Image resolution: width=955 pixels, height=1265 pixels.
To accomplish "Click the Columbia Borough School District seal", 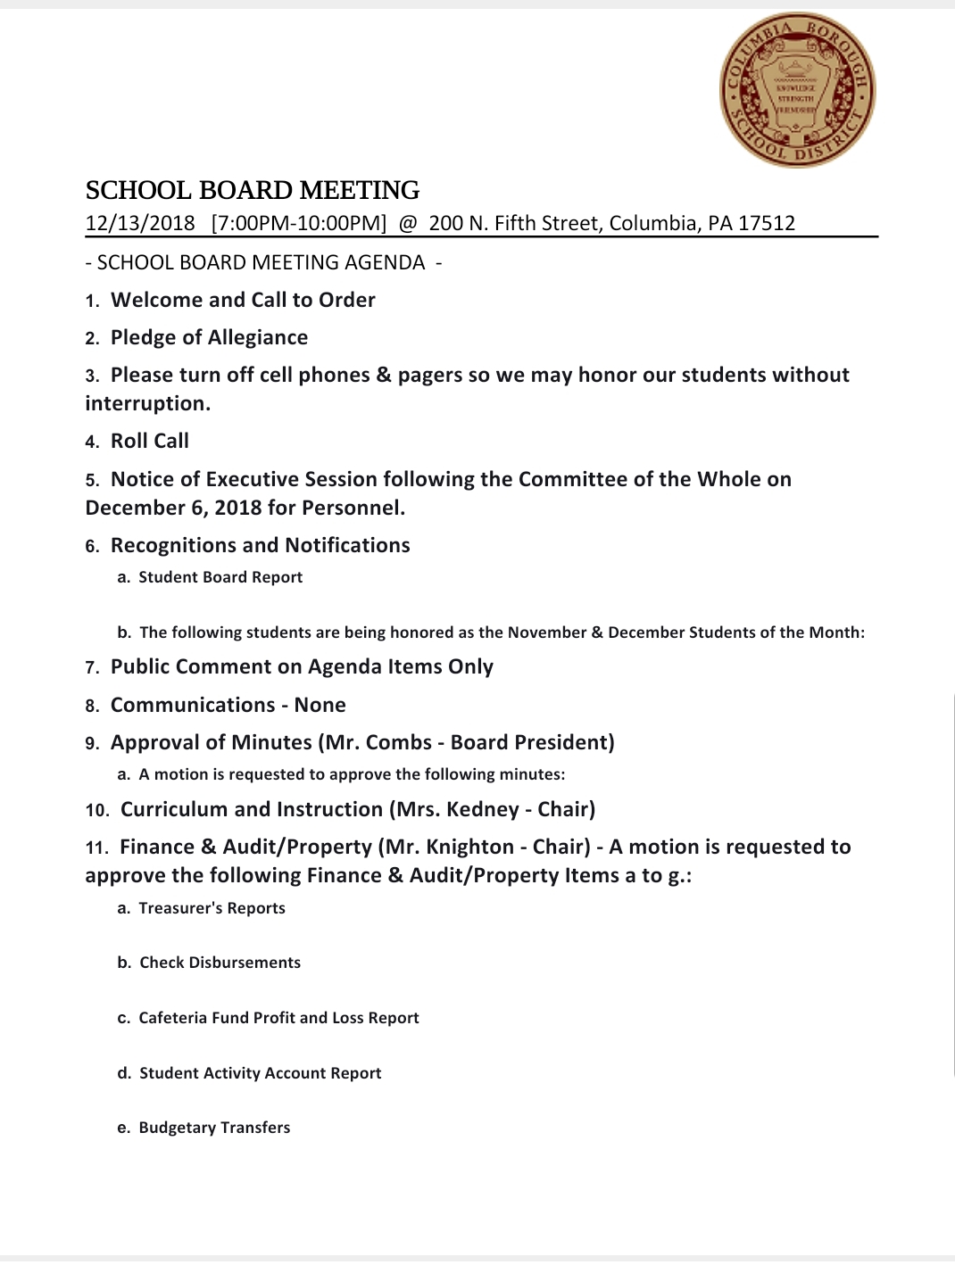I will pyautogui.click(x=797, y=89).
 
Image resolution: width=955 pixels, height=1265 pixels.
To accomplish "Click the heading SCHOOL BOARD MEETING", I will pyautogui.click(x=253, y=190).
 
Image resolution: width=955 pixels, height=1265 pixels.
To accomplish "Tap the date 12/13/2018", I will pyautogui.click(x=140, y=223).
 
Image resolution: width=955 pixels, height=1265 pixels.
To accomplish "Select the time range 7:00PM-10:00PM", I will pyautogui.click(x=299, y=223).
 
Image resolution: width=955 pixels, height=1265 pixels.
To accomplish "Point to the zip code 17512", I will pyautogui.click(x=767, y=223).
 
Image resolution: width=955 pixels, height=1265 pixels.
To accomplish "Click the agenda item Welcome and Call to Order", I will pyautogui.click(x=243, y=300).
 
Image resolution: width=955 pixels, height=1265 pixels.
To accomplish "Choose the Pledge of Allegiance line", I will pyautogui.click(x=209, y=337).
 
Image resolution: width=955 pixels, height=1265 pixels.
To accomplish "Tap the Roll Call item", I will pyautogui.click(x=150, y=441).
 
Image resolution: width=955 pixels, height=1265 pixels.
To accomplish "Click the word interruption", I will pyautogui.click(x=147, y=403).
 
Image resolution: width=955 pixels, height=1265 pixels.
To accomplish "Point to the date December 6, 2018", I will pyautogui.click(x=173, y=508).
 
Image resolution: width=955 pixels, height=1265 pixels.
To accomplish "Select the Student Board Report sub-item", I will pyautogui.click(x=220, y=577).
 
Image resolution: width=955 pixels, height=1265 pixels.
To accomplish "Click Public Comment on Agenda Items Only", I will pyautogui.click(x=302, y=666).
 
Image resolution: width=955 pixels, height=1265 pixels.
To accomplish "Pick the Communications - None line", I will pyautogui.click(x=228, y=705).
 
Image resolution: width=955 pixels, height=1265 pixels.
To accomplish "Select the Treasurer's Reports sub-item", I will pyautogui.click(x=212, y=908).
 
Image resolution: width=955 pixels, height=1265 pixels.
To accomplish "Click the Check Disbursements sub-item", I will pyautogui.click(x=220, y=963).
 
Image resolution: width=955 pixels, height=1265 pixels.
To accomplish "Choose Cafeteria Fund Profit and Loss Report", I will pyautogui.click(x=278, y=1018).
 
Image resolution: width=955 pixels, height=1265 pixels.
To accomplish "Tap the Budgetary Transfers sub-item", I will pyautogui.click(x=214, y=1128).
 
